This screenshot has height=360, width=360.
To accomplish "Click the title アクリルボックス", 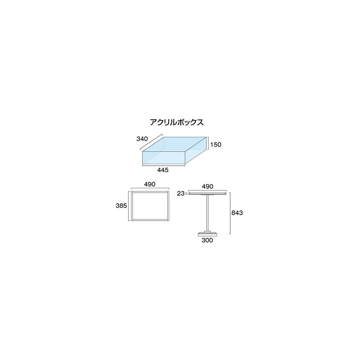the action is (x=176, y=122).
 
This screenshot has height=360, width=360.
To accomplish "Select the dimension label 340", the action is (x=142, y=139).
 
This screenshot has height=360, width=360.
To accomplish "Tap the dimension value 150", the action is (x=216, y=145).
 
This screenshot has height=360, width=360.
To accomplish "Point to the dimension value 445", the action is (x=163, y=170).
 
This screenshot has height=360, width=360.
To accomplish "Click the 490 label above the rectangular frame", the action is (x=150, y=184).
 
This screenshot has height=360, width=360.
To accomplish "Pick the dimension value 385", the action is (x=121, y=206).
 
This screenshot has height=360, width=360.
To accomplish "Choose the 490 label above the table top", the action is (x=208, y=186).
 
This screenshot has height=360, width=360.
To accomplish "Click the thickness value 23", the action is (x=181, y=194).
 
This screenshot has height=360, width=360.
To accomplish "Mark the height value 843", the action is (x=237, y=213).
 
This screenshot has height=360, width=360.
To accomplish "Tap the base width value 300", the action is (x=207, y=240).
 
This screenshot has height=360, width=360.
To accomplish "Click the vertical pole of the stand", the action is (x=207, y=213).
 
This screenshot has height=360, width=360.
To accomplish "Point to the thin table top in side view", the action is (x=207, y=194).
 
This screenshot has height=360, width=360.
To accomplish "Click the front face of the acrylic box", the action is (x=164, y=158).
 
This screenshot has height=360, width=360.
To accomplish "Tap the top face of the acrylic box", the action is (x=175, y=144).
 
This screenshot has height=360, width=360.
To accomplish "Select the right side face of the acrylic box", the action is (x=196, y=150).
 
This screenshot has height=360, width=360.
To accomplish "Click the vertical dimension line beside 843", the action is (x=230, y=213).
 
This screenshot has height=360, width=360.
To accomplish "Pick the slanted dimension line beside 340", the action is (x=151, y=142).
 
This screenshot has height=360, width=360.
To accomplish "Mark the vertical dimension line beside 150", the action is (x=208, y=144).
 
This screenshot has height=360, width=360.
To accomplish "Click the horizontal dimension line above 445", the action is (x=164, y=165).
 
